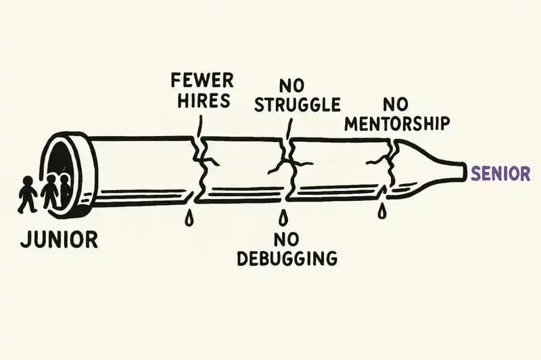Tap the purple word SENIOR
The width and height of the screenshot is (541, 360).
(500, 173)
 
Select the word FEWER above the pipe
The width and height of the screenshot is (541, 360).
(202, 81)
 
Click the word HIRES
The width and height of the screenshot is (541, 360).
(201, 102)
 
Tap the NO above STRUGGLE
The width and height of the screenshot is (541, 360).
(291, 85)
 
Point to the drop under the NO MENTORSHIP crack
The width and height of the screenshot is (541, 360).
(382, 212)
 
